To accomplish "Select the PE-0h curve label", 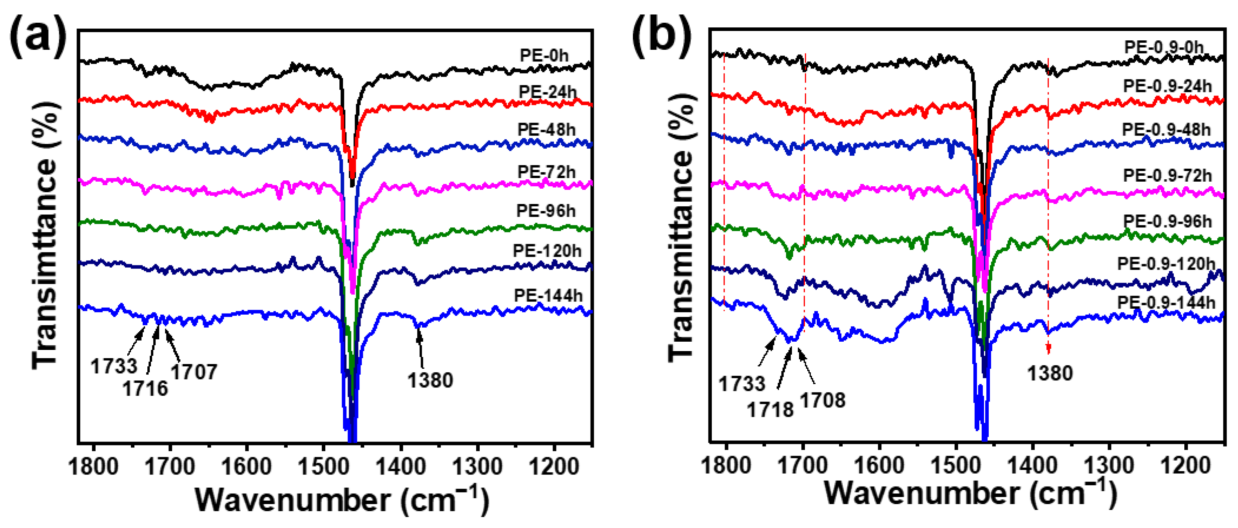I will tap(544, 55).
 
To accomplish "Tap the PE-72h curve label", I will tap(546, 172).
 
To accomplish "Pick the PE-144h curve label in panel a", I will tap(548, 295).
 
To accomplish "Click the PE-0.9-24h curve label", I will tap(1167, 86).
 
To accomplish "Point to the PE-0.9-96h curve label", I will tap(1167, 221).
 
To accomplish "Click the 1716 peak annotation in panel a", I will tap(145, 388).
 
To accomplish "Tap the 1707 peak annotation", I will tap(194, 371).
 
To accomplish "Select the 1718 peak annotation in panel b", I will tap(770, 409).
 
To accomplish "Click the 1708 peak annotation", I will tap(822, 400).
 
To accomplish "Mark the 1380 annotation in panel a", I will tap(430, 380).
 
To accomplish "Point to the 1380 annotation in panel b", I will tap(1050, 373).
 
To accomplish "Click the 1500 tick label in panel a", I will tap(323, 466).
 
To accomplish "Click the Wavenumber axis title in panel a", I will tap(342, 500).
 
